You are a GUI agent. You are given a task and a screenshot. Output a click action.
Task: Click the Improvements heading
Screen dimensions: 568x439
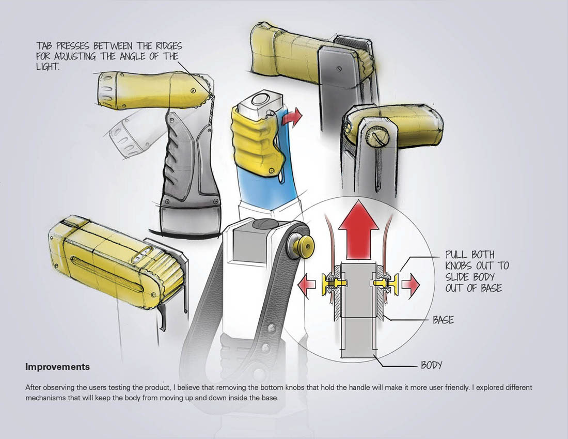[x=57, y=367]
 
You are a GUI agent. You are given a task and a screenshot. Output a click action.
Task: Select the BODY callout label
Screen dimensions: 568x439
[x=432, y=365]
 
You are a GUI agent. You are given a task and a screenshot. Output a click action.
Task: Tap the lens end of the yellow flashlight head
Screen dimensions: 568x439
[x=104, y=91]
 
